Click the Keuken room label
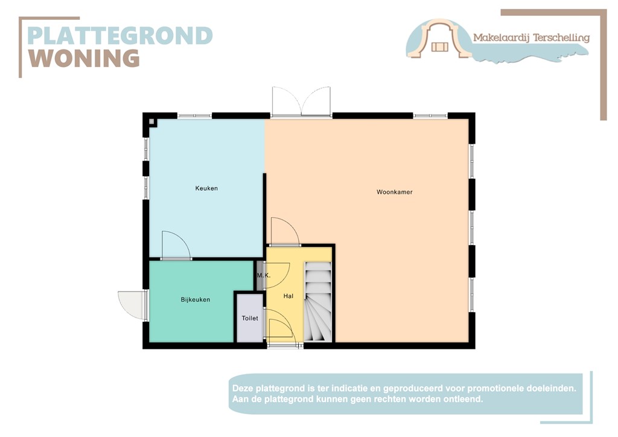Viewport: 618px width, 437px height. point(206,188)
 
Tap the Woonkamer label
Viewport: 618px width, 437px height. point(394,192)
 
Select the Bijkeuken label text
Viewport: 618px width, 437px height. point(196,299)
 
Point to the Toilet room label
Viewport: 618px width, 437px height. point(250,318)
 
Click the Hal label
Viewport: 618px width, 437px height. point(288,296)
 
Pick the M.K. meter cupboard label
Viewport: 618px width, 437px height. point(263,275)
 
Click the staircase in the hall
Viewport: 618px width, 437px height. point(318,302)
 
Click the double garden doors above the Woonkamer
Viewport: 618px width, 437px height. point(301,101)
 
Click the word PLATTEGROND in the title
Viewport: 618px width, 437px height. point(120,36)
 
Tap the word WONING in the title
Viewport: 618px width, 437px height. point(84,59)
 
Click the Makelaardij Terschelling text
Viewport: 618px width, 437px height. point(531,37)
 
